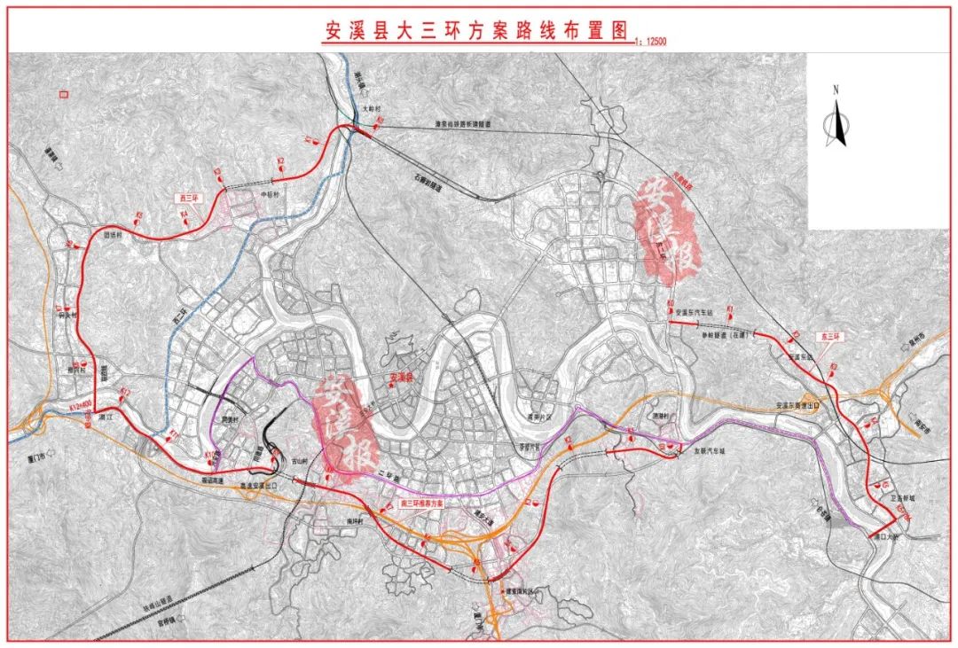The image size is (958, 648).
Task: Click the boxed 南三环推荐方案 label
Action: tap(409, 505)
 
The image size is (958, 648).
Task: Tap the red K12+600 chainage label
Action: tap(81, 410)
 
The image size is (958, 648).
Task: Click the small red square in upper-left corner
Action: tap(62, 93)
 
